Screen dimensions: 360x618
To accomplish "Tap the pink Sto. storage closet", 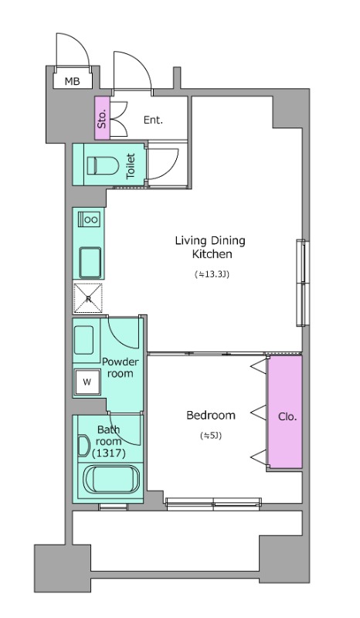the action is (102, 118).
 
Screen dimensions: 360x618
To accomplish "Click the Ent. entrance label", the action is (153, 120).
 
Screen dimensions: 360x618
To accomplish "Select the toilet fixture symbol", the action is (103, 166).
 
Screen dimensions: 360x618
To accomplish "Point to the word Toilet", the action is (131, 166).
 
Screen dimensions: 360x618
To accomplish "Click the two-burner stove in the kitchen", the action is (89, 219).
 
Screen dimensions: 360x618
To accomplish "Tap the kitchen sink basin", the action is (90, 263).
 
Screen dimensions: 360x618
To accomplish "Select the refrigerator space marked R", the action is (88, 298).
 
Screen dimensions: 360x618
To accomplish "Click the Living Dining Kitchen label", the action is (210, 247).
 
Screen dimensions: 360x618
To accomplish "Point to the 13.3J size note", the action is (212, 274).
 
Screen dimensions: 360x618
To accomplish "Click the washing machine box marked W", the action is (87, 382).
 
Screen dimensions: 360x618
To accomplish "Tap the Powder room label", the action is (121, 368).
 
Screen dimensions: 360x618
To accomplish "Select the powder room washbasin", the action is (84, 340).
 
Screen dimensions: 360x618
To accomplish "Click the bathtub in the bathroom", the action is (110, 479).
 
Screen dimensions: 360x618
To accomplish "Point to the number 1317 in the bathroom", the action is (108, 453).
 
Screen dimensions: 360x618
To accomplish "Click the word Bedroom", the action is (211, 415).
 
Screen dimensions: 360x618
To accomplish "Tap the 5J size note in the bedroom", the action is (212, 436).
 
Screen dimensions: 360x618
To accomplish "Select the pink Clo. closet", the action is (285, 412).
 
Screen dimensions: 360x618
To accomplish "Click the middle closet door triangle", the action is (259, 413).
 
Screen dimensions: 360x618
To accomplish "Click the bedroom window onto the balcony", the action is (213, 504).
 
